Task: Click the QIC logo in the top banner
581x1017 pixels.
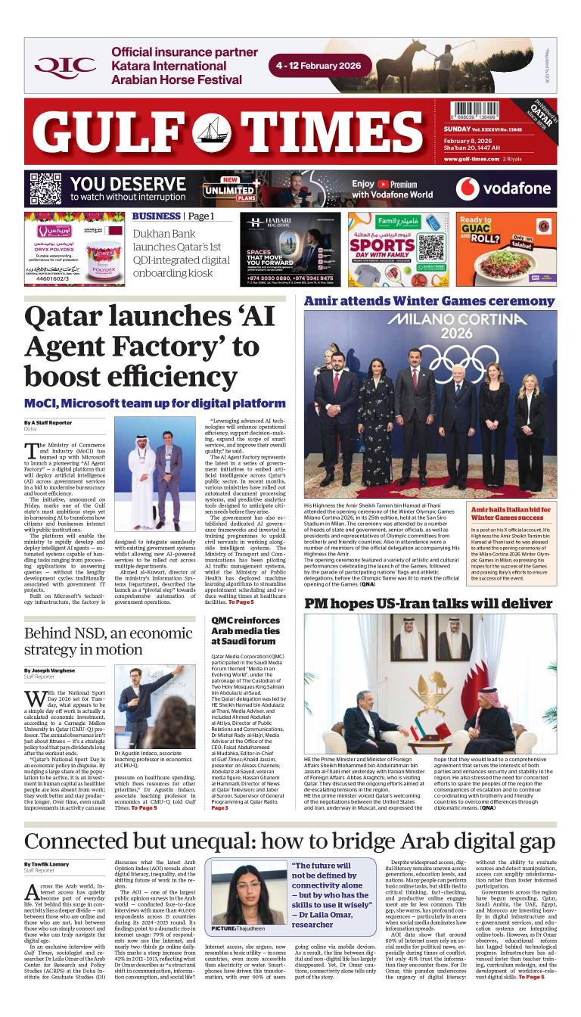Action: pyautogui.click(x=65, y=66)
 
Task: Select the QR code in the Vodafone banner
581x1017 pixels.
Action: pyautogui.click(x=45, y=188)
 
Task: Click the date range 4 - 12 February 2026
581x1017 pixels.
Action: pyautogui.click(x=323, y=66)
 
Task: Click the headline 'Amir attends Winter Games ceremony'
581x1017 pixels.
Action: pyautogui.click(x=429, y=301)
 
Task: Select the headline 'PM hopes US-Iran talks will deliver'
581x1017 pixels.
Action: pyautogui.click(x=428, y=603)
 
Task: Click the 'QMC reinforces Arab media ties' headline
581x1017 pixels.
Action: pyautogui.click(x=247, y=630)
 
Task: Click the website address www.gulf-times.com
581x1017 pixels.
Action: pyautogui.click(x=474, y=159)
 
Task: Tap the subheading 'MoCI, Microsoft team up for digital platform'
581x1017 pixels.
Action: pyautogui.click(x=154, y=403)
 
